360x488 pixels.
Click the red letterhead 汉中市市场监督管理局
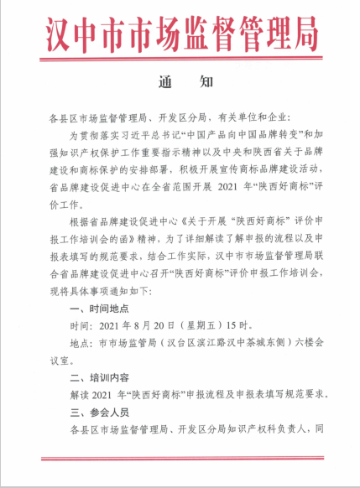pyautogui.click(x=179, y=34)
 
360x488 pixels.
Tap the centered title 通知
pyautogui.click(x=180, y=83)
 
